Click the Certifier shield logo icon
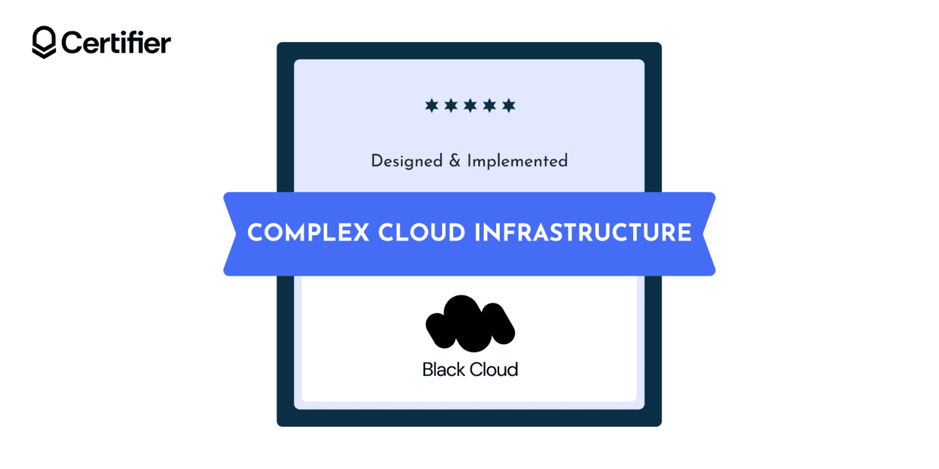44,42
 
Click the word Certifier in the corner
116,43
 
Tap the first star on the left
431,105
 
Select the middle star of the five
470,105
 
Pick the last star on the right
509,105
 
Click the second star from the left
451,105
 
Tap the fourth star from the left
490,105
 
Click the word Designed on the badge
406,161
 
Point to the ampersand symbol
455,161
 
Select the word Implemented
517,161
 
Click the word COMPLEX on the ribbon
308,233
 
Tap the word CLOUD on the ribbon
422,233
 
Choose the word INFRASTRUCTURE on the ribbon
583,233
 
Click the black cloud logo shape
469,324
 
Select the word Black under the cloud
444,370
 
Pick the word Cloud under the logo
494,370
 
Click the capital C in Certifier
71,43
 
